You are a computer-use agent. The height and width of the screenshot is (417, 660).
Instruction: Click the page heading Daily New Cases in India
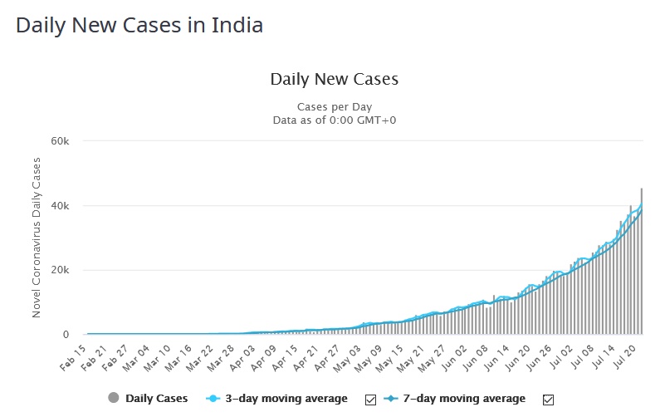coord(139,25)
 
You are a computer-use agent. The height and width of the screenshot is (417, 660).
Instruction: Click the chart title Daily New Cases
coord(334,80)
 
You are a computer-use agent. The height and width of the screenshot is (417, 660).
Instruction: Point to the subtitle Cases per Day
coord(334,107)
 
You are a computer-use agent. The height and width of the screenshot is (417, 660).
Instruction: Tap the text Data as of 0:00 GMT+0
coord(334,120)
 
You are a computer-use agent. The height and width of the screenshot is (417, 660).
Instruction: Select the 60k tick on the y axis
coord(60,141)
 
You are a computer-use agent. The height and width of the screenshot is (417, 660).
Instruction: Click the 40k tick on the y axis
coord(60,206)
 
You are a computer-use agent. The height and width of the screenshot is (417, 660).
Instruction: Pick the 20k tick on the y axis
coord(60,270)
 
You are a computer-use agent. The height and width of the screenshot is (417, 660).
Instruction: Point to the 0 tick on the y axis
coord(66,335)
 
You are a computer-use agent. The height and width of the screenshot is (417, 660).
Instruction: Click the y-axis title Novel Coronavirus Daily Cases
coord(37,238)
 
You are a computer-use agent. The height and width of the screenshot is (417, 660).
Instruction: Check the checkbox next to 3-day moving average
coord(370,400)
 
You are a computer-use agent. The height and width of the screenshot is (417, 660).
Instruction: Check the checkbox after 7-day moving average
coord(548,400)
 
